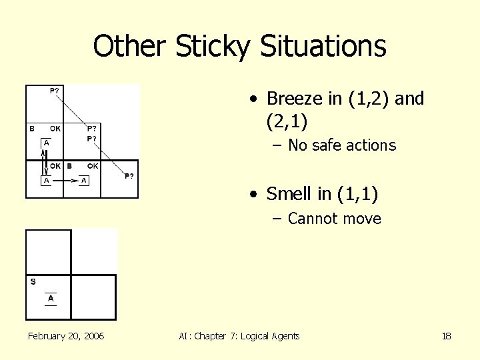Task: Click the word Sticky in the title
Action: coord(212,47)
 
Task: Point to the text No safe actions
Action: coord(342,145)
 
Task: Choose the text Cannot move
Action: coord(334,219)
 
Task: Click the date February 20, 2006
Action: coord(66,336)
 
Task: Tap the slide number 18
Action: coord(447,336)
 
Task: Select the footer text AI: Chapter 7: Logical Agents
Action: coord(239,336)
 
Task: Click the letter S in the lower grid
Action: coord(33,281)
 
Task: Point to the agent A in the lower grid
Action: coord(51,299)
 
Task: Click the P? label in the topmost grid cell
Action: coord(54,90)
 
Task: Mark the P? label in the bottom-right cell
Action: coord(129,176)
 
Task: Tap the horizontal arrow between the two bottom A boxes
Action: coord(65,180)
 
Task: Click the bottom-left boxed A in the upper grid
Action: coord(47,180)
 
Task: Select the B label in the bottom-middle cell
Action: coord(69,166)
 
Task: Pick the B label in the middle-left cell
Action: coord(31,128)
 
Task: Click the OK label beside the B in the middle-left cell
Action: coord(55,128)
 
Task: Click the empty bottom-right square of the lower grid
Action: coord(93,297)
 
